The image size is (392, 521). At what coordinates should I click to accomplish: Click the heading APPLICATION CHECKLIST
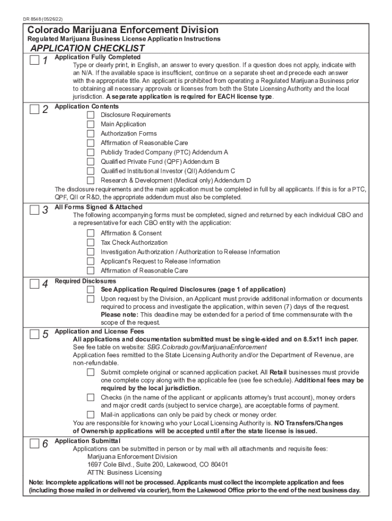87,48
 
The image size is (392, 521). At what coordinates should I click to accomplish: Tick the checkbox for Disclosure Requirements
91,115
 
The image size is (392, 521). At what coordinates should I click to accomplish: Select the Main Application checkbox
91,124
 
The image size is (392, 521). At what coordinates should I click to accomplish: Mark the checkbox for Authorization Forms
91,134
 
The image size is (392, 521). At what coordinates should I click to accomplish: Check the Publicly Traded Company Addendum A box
91,152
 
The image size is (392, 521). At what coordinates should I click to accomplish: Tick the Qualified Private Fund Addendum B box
91,162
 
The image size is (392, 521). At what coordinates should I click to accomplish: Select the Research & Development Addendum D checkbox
91,180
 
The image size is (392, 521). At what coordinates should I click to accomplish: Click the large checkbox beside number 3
34,210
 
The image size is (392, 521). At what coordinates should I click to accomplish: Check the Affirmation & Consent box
91,233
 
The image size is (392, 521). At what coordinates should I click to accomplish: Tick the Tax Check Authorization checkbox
91,243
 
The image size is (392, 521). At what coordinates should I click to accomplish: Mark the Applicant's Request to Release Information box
91,262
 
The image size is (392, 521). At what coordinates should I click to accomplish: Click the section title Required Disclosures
85,281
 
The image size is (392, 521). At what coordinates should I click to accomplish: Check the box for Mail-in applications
91,415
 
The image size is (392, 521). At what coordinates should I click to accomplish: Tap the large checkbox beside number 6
34,443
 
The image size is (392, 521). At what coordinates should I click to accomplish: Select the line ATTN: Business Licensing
118,473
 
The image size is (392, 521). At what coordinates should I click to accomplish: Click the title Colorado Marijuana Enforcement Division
123,30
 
